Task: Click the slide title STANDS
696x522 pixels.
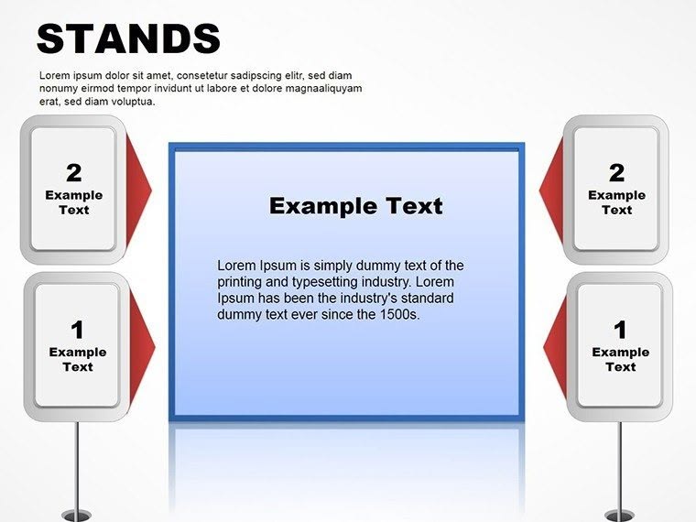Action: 128,38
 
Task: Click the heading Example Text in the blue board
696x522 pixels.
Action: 355,206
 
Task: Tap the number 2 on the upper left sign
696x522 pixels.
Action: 73,172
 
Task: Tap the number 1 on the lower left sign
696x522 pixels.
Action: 77,329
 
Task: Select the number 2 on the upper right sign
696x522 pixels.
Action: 616,172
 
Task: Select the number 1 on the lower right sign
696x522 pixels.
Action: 620,329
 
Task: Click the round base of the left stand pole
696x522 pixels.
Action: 77,516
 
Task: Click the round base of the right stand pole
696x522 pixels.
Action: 620,516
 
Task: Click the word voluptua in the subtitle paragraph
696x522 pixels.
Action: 127,102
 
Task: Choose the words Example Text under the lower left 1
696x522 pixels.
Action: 77,359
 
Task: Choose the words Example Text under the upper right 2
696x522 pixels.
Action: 616,202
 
